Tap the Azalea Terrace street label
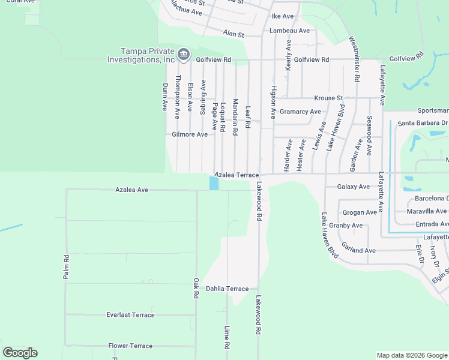click(237, 175)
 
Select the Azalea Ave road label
click(131, 190)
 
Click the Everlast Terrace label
click(130, 314)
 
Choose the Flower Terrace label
click(130, 346)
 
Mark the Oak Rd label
click(196, 271)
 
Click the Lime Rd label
click(227, 338)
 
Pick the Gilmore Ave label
click(190, 134)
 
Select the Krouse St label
click(328, 98)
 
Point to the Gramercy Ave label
click(300, 112)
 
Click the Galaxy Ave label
click(354, 187)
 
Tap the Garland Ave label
click(358, 250)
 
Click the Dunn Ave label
click(164, 97)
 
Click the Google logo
click(20, 353)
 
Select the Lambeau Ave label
click(289, 31)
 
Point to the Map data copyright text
click(411, 355)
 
